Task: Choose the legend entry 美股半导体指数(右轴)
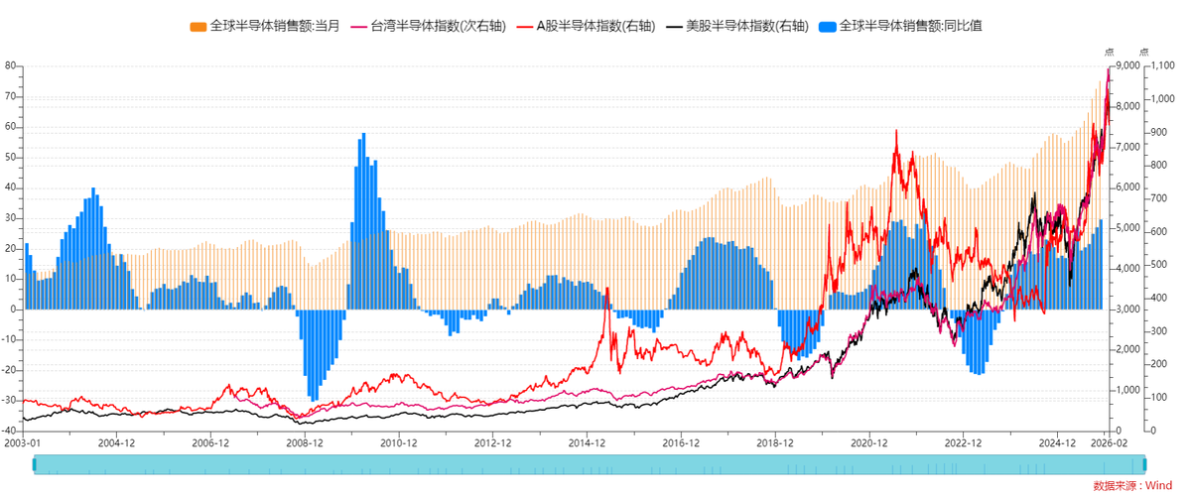pyautogui.click(x=747, y=26)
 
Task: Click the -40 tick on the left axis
pyautogui.click(x=9, y=431)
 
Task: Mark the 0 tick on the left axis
pyautogui.click(x=13, y=310)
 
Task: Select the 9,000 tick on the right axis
pyautogui.click(x=1125, y=65)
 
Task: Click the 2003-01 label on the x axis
pyautogui.click(x=23, y=443)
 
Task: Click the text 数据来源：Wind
pyautogui.click(x=1131, y=485)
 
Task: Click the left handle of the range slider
pyautogui.click(x=35, y=464)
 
